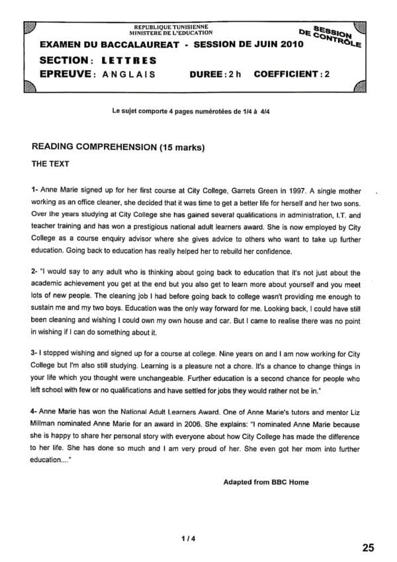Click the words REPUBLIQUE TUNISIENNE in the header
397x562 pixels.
click(173, 26)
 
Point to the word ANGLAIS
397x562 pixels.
click(130, 73)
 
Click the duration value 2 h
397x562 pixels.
click(231, 73)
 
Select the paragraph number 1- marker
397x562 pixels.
click(35, 188)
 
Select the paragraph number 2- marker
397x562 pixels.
click(35, 272)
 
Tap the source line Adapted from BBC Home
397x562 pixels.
click(266, 482)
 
